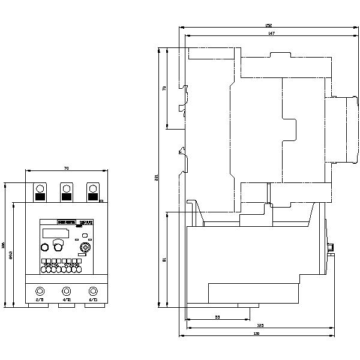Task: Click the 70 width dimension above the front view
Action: (66, 168)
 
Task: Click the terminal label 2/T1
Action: (40, 299)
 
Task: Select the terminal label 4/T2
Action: (67, 299)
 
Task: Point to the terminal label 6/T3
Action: (93, 299)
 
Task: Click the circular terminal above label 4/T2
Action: (67, 290)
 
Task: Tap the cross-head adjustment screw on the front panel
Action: (85, 247)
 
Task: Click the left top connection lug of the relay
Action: (40, 192)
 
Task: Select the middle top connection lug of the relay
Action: (67, 192)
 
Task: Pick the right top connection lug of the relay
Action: (92, 192)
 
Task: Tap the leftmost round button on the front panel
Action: (45, 247)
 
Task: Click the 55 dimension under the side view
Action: (217, 317)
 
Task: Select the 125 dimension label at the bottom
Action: (261, 325)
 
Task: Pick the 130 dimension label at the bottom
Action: (257, 334)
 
